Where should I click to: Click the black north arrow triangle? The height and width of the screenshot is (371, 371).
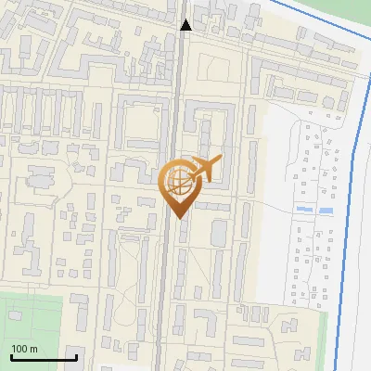pos(185,25)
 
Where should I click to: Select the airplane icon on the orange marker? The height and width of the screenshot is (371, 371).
pos(203,170)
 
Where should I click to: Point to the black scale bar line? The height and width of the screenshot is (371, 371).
pos(43,357)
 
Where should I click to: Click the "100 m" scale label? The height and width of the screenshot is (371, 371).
pos(24,349)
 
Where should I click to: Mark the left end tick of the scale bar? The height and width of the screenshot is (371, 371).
pos(10,354)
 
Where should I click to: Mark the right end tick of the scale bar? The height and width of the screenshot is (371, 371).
pos(76,354)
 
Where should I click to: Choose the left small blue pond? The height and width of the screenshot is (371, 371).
pos(302,211)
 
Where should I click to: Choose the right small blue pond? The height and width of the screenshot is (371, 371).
pos(325,211)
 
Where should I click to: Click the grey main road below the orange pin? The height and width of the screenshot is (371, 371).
pos(164,278)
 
